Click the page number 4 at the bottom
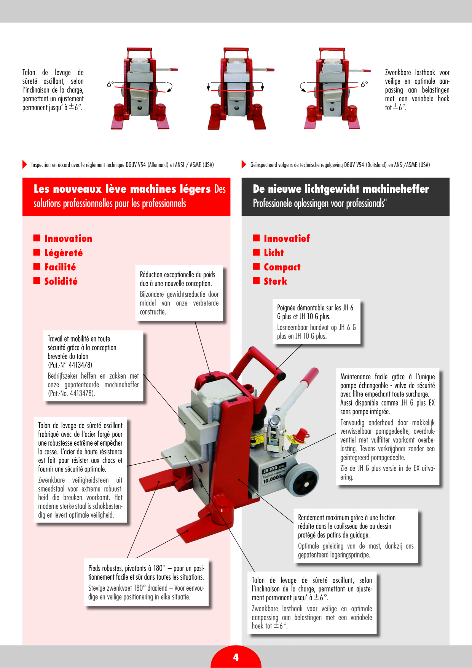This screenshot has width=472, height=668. click(236, 657)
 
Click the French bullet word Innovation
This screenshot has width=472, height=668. click(68, 239)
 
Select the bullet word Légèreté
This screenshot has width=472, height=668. click(64, 253)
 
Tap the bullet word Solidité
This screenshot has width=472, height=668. click(61, 281)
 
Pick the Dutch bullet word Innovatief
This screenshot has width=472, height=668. click(287, 239)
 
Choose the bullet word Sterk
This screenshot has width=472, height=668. click(276, 281)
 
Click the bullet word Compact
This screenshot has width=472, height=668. click(282, 267)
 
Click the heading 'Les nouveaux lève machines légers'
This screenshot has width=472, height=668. click(122, 189)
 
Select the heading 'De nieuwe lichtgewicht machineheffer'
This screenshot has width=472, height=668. click(341, 189)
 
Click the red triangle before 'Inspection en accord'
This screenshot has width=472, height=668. click(25, 165)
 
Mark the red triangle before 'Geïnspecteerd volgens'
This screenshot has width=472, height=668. click(244, 165)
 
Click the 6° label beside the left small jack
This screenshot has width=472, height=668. click(110, 84)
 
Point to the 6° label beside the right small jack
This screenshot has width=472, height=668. click(364, 84)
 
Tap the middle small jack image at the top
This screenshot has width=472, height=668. click(236, 88)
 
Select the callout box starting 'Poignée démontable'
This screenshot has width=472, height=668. click(317, 322)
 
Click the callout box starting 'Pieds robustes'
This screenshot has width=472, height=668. click(146, 582)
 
